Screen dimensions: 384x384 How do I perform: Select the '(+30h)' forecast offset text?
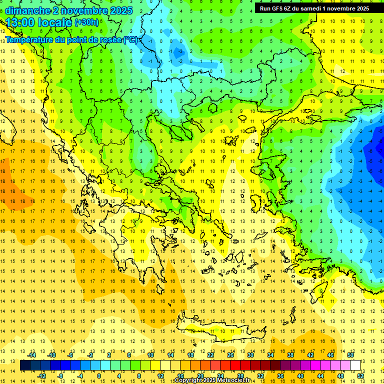coord(86,22)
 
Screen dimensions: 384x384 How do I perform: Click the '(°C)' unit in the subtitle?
coord(131,39)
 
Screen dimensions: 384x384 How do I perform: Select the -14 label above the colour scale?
coord(32,355)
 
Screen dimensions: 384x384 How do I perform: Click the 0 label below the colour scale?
coord(98,375)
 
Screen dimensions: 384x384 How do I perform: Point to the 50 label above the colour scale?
coord(350,355)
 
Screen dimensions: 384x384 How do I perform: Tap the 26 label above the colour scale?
coord(230,355)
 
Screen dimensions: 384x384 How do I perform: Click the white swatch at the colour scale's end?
coord(355,365)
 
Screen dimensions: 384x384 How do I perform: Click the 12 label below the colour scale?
coord(160,375)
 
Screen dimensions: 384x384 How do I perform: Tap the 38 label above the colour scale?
coord(290,355)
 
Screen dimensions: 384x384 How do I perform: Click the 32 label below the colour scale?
coord(260,375)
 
